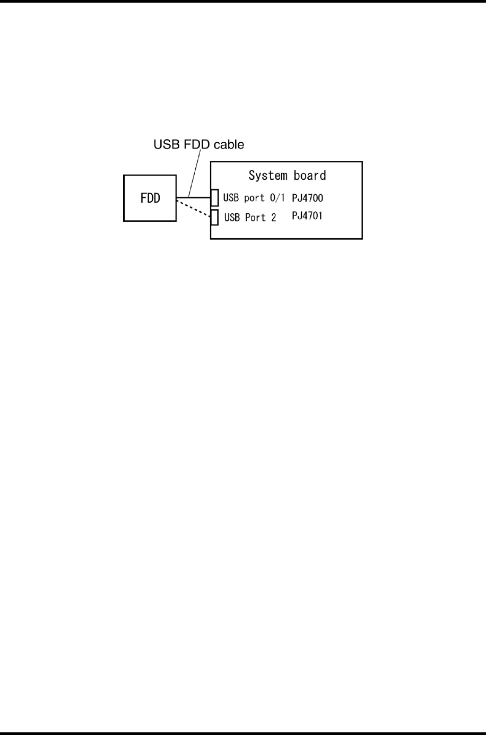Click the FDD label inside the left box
click(x=150, y=199)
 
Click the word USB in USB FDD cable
click(x=166, y=144)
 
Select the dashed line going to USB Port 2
click(x=193, y=207)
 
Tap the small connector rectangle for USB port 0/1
click(x=214, y=197)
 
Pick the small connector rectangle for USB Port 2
click(x=214, y=217)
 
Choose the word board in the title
click(x=310, y=176)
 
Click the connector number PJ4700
click(x=308, y=198)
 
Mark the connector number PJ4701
click(x=307, y=216)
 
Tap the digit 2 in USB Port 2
click(x=273, y=218)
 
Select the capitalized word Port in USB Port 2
click(x=255, y=218)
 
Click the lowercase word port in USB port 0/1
click(x=254, y=198)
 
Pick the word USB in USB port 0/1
click(x=231, y=198)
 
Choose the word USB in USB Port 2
click(x=232, y=218)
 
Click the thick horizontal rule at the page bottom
click(x=243, y=733)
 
